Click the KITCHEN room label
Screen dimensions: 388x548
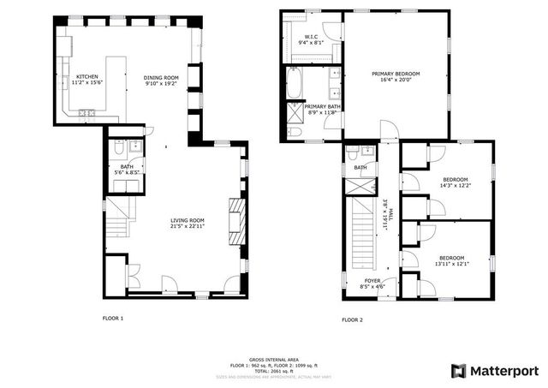click(x=86, y=77)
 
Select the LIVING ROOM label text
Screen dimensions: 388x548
click(x=187, y=223)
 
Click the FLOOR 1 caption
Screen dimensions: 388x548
click(x=113, y=319)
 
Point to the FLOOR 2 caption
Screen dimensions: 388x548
click(x=352, y=319)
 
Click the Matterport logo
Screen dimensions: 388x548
click(x=495, y=370)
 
